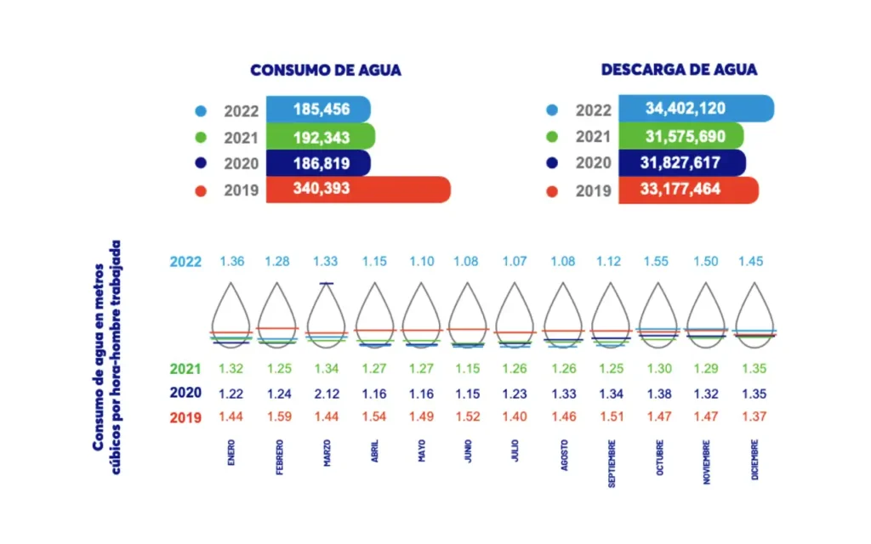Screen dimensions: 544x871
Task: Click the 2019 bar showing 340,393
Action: (357, 190)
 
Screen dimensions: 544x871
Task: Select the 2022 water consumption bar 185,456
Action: (318, 110)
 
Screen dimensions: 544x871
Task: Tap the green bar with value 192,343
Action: (320, 136)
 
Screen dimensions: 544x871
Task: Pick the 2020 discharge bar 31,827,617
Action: (681, 163)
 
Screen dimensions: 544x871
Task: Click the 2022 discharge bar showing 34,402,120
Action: (695, 109)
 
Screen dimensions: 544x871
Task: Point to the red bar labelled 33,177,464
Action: (687, 190)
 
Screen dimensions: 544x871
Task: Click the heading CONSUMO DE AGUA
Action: (326, 71)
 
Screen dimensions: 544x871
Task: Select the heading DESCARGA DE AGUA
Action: (679, 70)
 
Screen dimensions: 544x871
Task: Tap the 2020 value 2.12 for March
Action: (327, 394)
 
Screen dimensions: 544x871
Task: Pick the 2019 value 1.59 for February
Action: (278, 417)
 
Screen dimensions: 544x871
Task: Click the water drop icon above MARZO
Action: (327, 314)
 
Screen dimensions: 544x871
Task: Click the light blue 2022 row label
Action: (185, 261)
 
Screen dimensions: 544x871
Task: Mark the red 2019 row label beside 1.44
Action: (185, 417)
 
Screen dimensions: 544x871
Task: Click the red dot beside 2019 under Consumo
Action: (201, 191)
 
